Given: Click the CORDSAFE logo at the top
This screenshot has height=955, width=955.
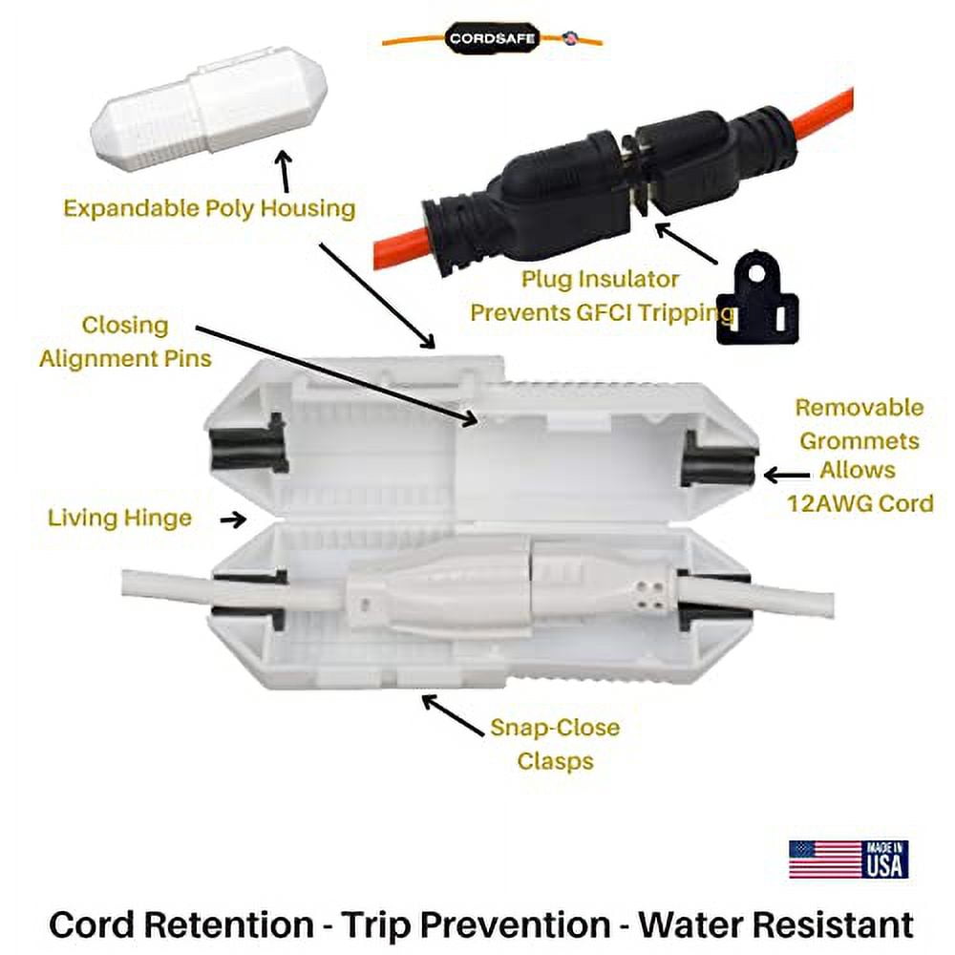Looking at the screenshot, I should [493, 39].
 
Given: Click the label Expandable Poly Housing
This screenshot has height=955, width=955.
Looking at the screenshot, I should [209, 208].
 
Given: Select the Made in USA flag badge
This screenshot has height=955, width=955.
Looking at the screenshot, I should [848, 859].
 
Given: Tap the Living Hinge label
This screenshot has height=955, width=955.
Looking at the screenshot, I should [119, 519].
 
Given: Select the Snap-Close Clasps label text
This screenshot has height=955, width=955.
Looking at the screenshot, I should [554, 744].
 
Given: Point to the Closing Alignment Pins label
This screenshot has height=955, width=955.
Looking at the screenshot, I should [125, 342].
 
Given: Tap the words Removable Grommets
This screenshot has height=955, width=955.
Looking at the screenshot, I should [859, 424].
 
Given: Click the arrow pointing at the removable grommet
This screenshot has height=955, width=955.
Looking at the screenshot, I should [786, 473].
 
